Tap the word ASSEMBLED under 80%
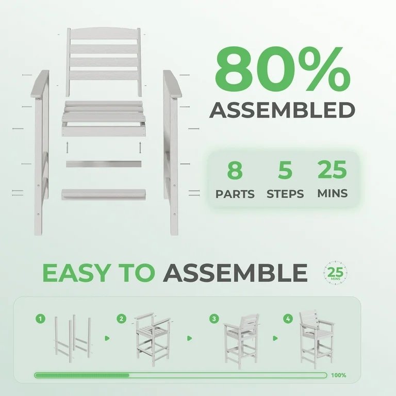(282, 110)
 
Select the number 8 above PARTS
(235, 170)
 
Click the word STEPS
(285, 194)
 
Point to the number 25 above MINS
(332, 170)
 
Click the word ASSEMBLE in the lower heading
(235, 273)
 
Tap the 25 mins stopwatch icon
(335, 273)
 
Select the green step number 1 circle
(40, 319)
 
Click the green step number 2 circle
(122, 319)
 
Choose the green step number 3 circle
(214, 319)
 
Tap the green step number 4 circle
(288, 319)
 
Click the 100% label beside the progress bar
(338, 375)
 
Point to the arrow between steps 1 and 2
(107, 338)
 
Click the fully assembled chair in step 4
(317, 340)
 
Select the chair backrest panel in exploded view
(104, 62)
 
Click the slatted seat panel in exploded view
(104, 119)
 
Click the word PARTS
(235, 194)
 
